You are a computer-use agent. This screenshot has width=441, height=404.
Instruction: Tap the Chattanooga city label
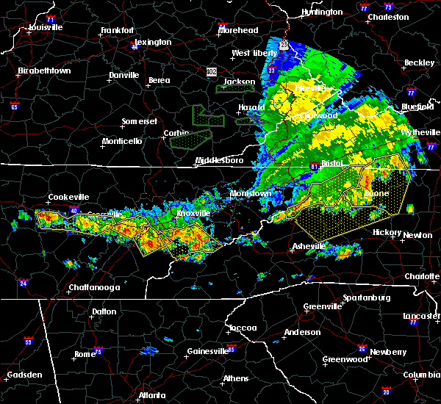tap(94, 287)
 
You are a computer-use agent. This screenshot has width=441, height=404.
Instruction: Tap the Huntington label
tap(322, 12)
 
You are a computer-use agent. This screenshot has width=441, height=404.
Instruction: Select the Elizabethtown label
tap(44, 71)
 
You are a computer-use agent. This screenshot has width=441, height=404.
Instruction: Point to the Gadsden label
tap(23, 376)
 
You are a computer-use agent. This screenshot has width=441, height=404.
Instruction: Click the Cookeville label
tap(68, 197)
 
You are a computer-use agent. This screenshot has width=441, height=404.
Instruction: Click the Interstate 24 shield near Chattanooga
tap(23, 283)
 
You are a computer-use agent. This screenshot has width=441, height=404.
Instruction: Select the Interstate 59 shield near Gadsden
tap(29, 342)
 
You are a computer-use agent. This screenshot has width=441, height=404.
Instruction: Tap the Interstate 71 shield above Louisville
tap(51, 18)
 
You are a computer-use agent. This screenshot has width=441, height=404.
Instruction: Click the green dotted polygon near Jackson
tap(234, 88)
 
